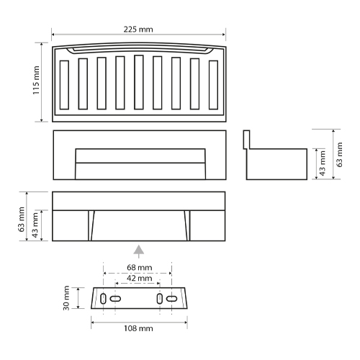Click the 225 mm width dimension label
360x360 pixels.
pos(138,30)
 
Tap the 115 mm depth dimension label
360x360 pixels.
pos(36,80)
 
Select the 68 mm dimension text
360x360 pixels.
pos(140,267)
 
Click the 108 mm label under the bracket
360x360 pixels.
pos(138,328)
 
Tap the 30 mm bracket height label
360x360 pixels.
pos(66,298)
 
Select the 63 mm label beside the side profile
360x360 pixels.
pos(339,155)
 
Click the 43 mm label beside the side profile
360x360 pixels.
pos(323,163)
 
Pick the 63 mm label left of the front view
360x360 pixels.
pos(22,219)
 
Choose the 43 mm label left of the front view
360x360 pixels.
pos(35,225)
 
